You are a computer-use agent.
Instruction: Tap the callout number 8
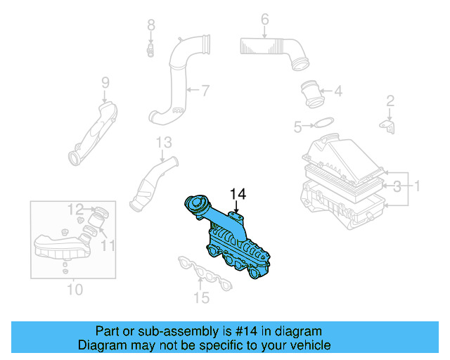[150, 26]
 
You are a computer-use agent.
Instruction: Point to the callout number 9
[105, 83]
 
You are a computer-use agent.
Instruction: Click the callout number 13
[164, 143]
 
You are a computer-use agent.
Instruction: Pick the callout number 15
[202, 297]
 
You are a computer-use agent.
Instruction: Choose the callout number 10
[75, 289]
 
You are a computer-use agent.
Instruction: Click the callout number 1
[416, 186]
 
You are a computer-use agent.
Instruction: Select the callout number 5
[297, 127]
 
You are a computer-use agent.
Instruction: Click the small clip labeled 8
[150, 50]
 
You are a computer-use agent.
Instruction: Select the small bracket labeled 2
[388, 125]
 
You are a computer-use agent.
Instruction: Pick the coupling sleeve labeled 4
[311, 92]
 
